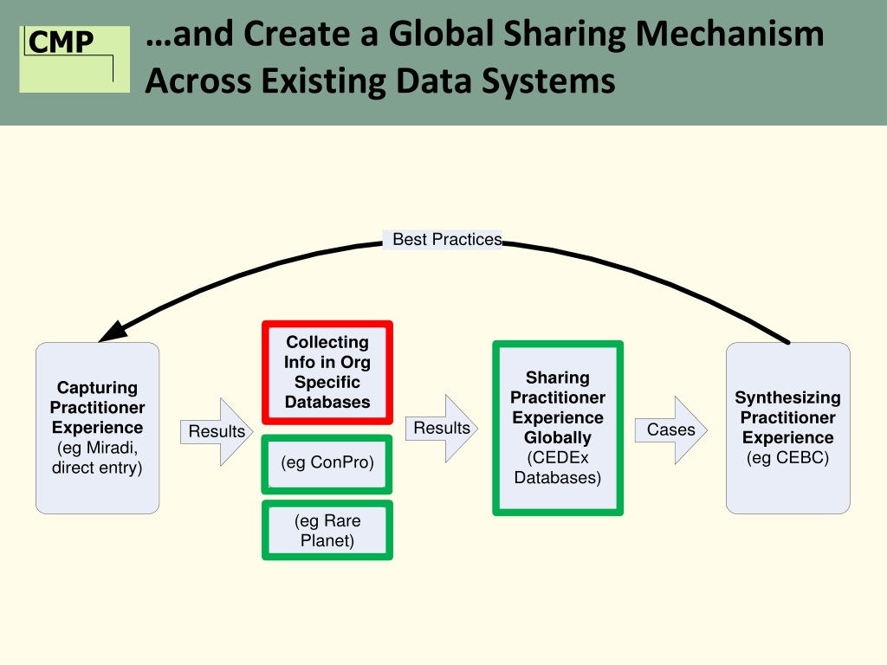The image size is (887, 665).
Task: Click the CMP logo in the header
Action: [x=74, y=58]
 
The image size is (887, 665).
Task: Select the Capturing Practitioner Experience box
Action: [x=97, y=428]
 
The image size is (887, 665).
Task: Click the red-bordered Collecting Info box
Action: [x=327, y=372]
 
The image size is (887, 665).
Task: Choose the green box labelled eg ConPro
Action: [x=327, y=462]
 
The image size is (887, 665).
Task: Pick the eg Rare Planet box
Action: [x=327, y=531]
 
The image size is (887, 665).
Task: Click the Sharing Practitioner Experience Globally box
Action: [x=558, y=428]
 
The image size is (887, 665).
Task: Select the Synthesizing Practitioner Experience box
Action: [x=787, y=428]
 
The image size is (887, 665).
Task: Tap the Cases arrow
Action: [x=673, y=429]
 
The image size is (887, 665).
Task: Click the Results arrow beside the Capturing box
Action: [x=217, y=431]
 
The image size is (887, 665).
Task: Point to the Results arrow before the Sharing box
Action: [x=443, y=428]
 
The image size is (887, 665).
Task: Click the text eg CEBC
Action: [x=787, y=458]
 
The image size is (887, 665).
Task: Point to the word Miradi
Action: [x=113, y=448]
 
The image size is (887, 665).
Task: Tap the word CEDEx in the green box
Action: [x=558, y=458]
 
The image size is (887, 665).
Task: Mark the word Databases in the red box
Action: [x=327, y=402]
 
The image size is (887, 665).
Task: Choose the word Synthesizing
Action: [x=787, y=397]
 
